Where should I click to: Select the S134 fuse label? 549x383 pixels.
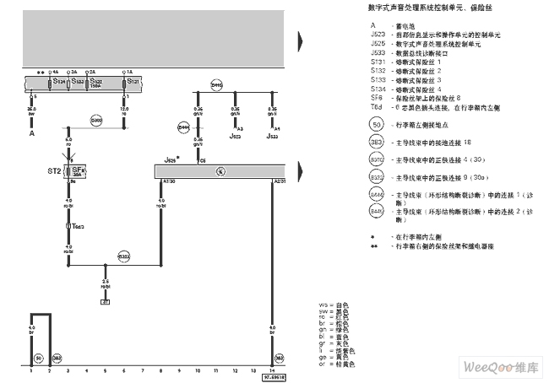[58, 82]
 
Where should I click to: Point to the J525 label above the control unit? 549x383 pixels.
[171, 159]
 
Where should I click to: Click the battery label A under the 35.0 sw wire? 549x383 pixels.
[32, 133]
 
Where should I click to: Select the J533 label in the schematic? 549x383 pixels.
[272, 135]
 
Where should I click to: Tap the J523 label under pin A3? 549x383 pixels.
[235, 135]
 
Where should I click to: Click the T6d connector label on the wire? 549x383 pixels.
[78, 226]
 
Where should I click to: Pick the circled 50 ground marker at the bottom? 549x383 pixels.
[38, 358]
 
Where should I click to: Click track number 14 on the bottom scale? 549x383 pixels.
[271, 370]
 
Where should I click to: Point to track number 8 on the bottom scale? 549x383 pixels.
[160, 370]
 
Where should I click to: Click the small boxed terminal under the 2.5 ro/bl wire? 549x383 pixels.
[106, 300]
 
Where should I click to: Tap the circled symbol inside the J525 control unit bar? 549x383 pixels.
[220, 171]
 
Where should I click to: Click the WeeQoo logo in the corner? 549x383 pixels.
[500, 368]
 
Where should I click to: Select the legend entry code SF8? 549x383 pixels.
[376, 97]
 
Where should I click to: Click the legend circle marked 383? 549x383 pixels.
[377, 143]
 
